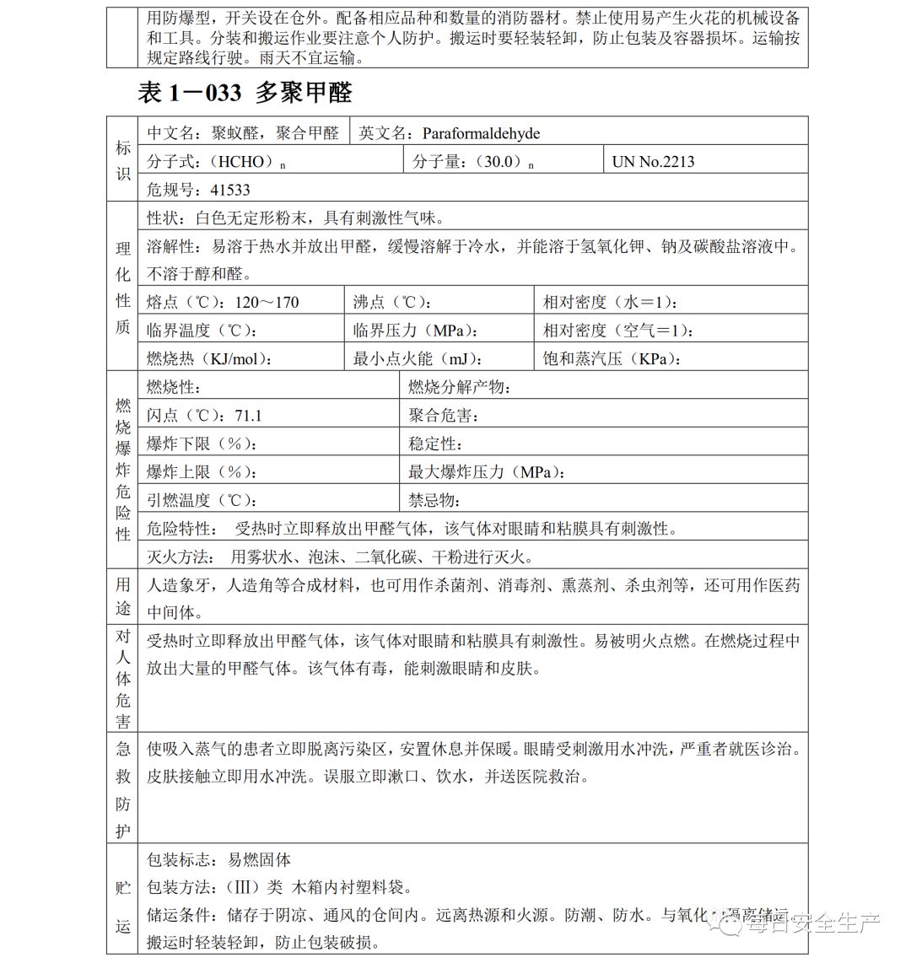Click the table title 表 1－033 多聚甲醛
(x=245, y=93)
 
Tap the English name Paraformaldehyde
(x=481, y=133)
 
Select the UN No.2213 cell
(x=654, y=162)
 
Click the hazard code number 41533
(x=230, y=190)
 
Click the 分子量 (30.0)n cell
(x=473, y=162)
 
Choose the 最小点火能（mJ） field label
(x=411, y=359)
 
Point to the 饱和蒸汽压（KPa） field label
(x=611, y=359)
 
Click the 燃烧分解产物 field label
(x=459, y=387)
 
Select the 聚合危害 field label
(x=444, y=416)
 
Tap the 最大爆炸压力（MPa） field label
(x=486, y=472)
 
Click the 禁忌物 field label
(x=434, y=501)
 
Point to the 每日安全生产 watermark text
(x=810, y=924)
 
